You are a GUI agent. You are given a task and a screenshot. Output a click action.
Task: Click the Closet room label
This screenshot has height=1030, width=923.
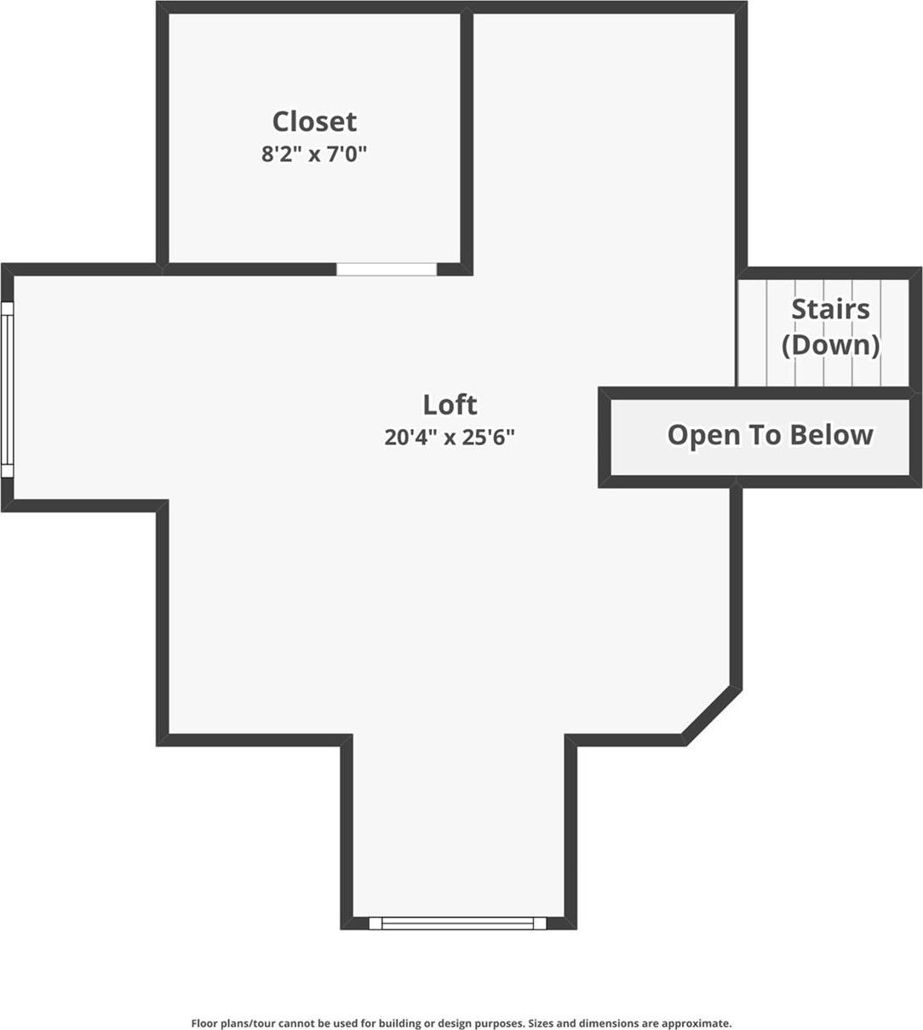pos(314,122)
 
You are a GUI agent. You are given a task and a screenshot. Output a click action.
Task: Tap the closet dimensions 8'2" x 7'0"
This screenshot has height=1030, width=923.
pos(314,154)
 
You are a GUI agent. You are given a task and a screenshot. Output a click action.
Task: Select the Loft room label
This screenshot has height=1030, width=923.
pos(450,403)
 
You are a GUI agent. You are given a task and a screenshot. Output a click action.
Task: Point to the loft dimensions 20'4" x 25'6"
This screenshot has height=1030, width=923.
pos(450,437)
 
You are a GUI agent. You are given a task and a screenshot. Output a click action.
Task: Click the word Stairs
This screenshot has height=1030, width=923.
pos(830,309)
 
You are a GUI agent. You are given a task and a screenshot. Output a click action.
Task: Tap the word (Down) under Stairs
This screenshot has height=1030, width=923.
pos(830,345)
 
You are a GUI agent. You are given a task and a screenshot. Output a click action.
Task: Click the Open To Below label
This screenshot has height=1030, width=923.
pos(770,435)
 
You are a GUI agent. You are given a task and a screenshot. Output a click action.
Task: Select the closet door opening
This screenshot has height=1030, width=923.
pos(387,269)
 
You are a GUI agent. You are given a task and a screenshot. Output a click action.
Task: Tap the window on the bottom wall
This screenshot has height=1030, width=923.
pos(457,923)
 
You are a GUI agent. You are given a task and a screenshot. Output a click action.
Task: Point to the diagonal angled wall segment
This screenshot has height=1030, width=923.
pos(712,714)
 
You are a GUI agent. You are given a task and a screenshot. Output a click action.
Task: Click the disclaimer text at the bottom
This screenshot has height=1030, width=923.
pos(461,1023)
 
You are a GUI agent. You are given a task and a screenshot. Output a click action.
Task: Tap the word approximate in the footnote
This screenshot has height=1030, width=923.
pos(699,1023)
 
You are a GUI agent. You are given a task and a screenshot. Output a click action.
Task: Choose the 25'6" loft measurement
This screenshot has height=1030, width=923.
pos(488,437)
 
